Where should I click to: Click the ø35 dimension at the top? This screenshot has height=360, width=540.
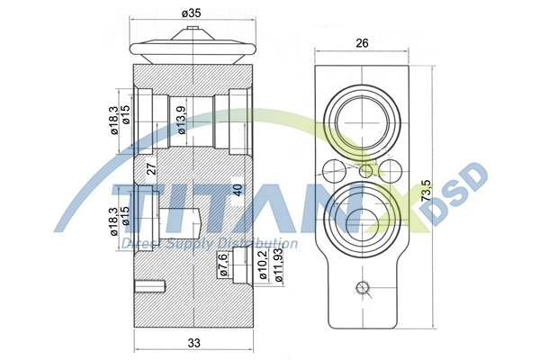click(192, 13)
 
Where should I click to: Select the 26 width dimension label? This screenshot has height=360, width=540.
click(362, 43)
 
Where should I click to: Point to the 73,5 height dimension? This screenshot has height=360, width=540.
click(426, 191)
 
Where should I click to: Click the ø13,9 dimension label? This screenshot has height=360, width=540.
click(182, 120)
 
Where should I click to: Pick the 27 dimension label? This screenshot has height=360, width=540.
click(152, 169)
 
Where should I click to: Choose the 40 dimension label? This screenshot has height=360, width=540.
click(238, 190)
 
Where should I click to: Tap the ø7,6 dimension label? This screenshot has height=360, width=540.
click(223, 265)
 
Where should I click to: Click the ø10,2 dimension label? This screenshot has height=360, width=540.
click(264, 265)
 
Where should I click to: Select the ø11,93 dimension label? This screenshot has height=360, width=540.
click(278, 265)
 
